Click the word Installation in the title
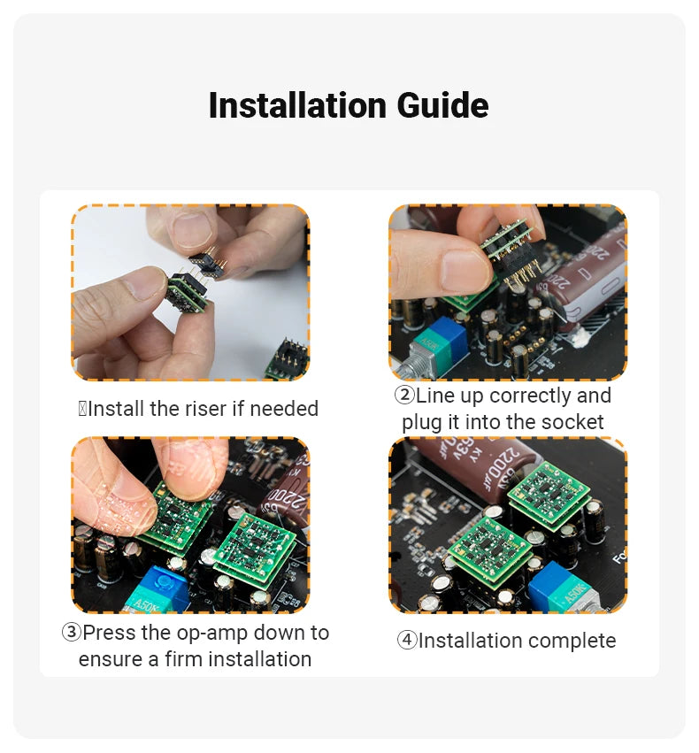[297, 105]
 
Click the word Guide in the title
[442, 105]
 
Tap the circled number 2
[404, 395]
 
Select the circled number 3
[71, 632]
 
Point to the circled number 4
[407, 640]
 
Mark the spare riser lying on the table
[287, 357]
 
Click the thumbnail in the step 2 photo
[465, 269]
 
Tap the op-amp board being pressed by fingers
[177, 516]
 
